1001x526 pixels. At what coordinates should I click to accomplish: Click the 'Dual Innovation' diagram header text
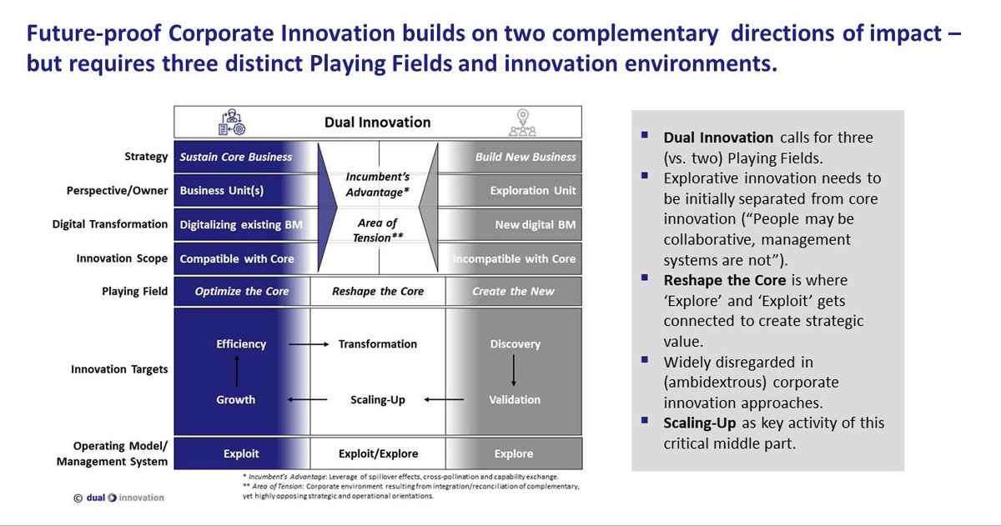click(378, 122)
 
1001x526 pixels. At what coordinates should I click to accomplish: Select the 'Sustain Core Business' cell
click(235, 156)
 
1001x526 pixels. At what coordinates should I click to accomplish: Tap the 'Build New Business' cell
click(526, 156)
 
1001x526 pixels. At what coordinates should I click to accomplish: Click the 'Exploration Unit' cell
click(532, 190)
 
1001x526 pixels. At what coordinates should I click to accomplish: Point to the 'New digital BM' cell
click(535, 224)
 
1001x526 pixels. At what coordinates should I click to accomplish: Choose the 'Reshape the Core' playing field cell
click(378, 291)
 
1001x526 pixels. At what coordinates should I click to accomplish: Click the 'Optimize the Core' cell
click(242, 291)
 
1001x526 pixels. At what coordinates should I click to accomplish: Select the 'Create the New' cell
click(511, 291)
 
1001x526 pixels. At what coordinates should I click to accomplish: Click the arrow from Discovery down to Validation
click(515, 371)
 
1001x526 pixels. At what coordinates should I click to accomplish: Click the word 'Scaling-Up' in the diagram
click(378, 400)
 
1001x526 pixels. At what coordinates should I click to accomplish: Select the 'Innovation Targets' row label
click(120, 369)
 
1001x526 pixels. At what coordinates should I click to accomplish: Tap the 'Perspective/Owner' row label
click(118, 190)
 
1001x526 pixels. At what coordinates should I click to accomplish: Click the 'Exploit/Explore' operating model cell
click(378, 453)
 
